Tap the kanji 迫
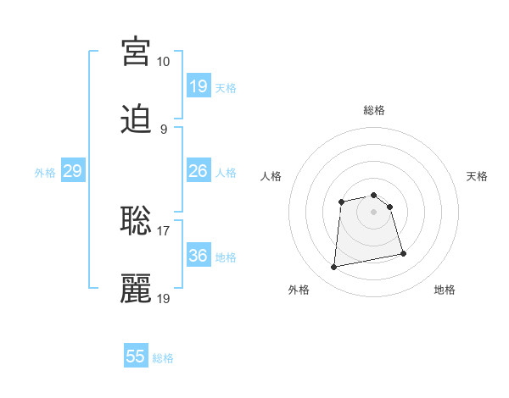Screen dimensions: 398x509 click(x=136, y=120)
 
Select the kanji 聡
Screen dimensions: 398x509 click(x=136, y=221)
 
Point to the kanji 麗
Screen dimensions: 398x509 click(x=136, y=289)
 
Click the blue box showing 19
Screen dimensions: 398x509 click(x=199, y=86)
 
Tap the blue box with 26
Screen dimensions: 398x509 click(x=199, y=171)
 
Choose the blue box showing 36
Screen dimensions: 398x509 click(x=199, y=256)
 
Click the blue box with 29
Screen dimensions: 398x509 click(x=73, y=171)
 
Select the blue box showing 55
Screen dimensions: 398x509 click(x=136, y=357)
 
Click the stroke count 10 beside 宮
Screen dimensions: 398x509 click(x=164, y=62)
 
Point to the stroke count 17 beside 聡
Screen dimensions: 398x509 click(x=164, y=230)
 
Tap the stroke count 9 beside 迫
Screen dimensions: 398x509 click(x=164, y=130)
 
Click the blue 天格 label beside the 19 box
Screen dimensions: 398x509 click(x=226, y=88)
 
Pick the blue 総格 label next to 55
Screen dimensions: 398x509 click(x=164, y=358)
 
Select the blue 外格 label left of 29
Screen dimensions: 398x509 click(x=45, y=173)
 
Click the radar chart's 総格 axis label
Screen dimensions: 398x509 click(x=374, y=110)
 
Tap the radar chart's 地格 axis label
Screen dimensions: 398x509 click(x=445, y=290)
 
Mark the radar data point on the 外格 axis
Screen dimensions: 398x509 click(x=334, y=268)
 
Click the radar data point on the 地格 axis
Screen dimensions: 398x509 click(x=403, y=253)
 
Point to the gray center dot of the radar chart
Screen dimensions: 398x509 click(x=374, y=212)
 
